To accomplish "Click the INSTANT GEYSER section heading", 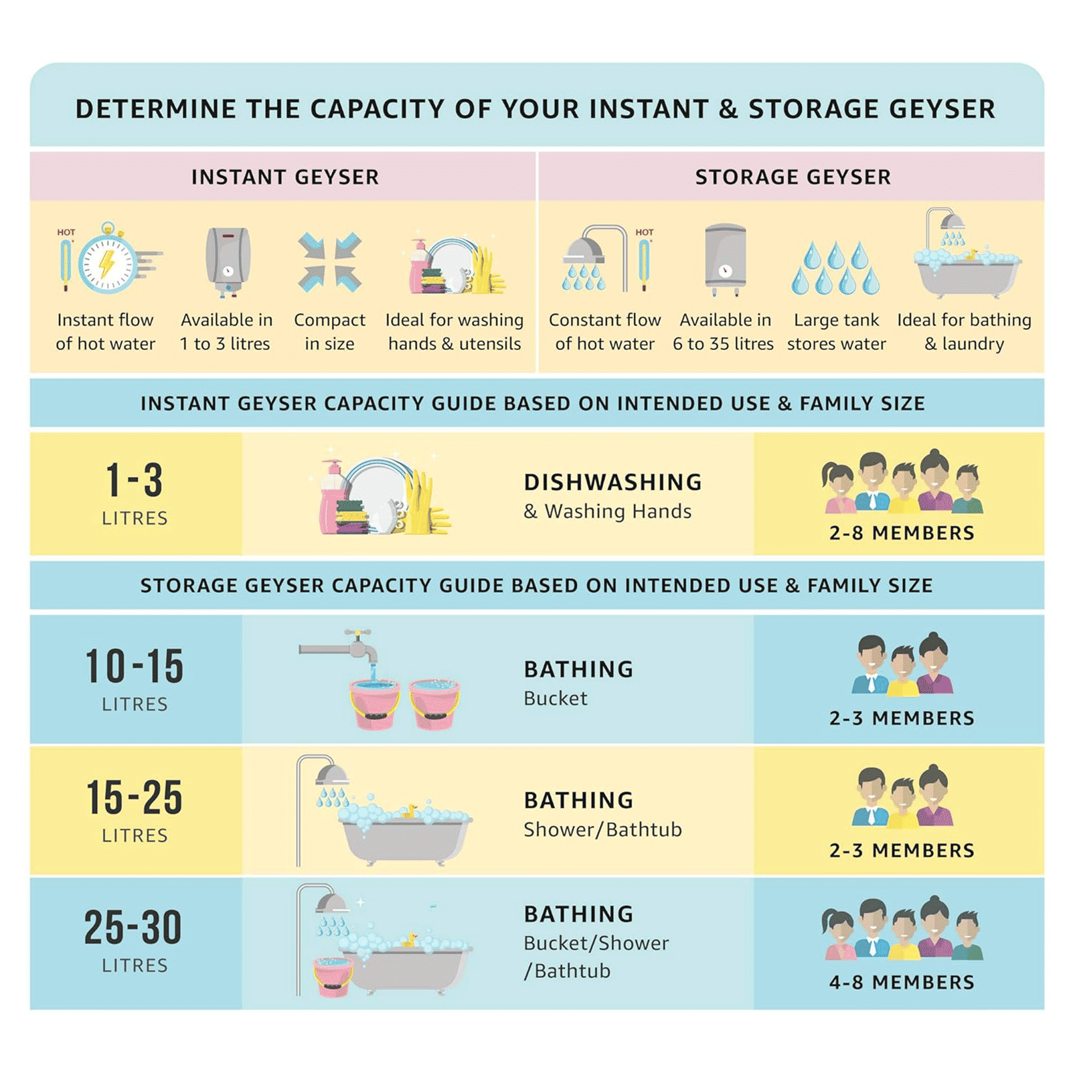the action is (x=285, y=177).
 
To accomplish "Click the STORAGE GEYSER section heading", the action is (x=793, y=177).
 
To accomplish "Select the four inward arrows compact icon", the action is (x=330, y=262).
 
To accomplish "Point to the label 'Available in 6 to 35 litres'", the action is (x=724, y=331).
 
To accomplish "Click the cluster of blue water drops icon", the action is (x=835, y=268).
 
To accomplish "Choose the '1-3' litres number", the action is (x=135, y=480).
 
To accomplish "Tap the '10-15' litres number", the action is (x=135, y=666).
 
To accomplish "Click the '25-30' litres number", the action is (x=133, y=927).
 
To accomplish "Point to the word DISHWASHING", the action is (x=613, y=482).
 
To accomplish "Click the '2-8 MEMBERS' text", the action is (x=902, y=533).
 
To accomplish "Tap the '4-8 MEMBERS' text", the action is (x=902, y=982).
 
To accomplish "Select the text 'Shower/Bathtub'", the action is (x=602, y=829).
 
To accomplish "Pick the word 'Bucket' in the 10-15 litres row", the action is (x=556, y=698).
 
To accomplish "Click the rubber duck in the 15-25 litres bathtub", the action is (x=408, y=811).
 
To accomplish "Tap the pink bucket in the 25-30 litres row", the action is (x=333, y=977).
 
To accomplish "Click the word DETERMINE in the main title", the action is (x=155, y=108).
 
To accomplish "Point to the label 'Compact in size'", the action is (x=330, y=331).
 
